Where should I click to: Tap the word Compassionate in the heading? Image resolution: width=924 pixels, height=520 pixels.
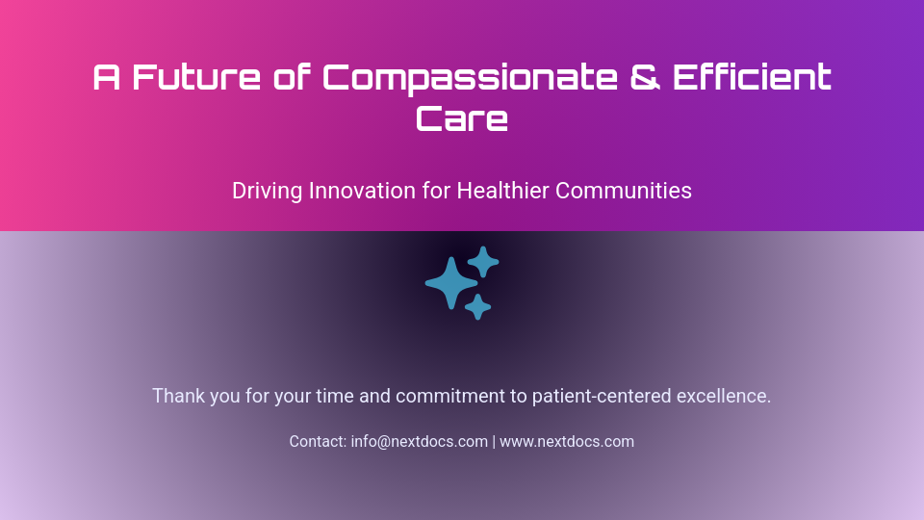pos(470,77)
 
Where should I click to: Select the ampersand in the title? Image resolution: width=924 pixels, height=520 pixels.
pos(645,77)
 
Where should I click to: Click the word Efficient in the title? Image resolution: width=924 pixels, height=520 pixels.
pos(752,77)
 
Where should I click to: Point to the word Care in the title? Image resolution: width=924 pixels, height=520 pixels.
pos(462,119)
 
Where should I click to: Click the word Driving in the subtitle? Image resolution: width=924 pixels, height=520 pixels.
pos(267,191)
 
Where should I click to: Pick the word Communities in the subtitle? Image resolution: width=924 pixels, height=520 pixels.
pos(624,191)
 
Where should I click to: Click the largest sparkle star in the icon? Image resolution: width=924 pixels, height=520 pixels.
pos(451,283)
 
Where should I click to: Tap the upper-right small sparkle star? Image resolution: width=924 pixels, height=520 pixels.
pos(483,261)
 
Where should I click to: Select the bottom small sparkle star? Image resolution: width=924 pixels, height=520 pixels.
pos(477,307)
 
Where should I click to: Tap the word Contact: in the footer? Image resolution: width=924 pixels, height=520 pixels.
pos(318,442)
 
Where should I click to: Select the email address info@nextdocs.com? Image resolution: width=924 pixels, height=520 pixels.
pos(420,442)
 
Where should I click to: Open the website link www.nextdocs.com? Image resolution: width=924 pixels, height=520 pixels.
pos(567,442)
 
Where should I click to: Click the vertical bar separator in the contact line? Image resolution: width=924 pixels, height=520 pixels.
pos(494,442)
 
